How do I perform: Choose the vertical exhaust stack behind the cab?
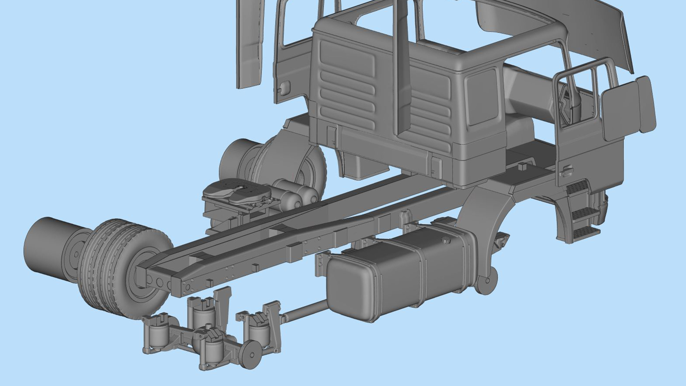402,67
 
